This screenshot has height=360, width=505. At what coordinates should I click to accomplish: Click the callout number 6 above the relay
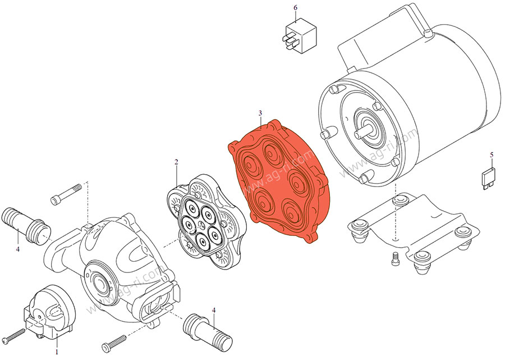click(295, 8)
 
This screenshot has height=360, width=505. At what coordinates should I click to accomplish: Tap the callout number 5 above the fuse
click(492, 154)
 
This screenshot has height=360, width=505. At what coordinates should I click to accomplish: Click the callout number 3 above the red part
click(260, 113)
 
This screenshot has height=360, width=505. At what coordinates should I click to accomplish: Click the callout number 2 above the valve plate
click(176, 162)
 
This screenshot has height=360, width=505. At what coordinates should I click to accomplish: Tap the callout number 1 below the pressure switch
click(57, 352)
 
